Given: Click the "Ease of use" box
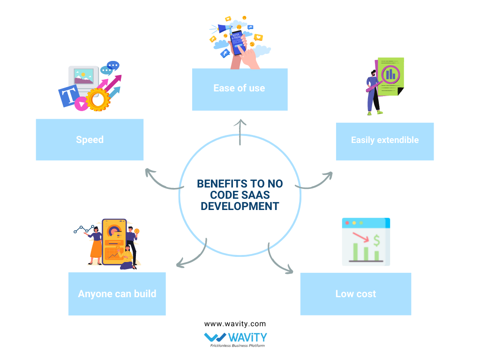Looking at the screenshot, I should point(240,89).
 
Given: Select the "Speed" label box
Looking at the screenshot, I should point(90,140).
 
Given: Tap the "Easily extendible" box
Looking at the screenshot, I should point(384,141).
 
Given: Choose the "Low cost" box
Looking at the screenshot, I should point(355,294).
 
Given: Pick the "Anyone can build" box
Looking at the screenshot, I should point(117,294).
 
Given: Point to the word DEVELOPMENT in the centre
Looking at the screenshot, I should point(240,206).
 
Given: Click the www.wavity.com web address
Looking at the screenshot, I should point(235,323).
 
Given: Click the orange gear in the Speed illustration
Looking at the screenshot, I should point(98,99).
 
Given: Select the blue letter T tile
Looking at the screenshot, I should point(69,97).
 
